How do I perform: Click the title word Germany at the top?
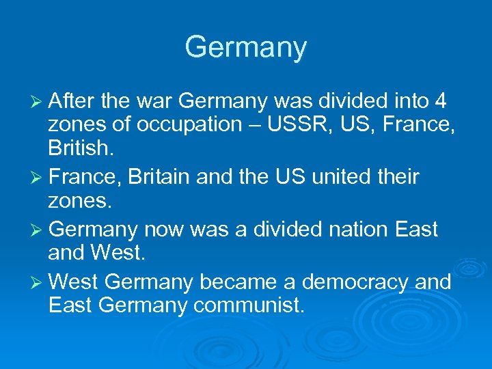(246, 48)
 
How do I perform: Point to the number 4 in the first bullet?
(441, 102)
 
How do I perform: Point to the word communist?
(248, 305)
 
